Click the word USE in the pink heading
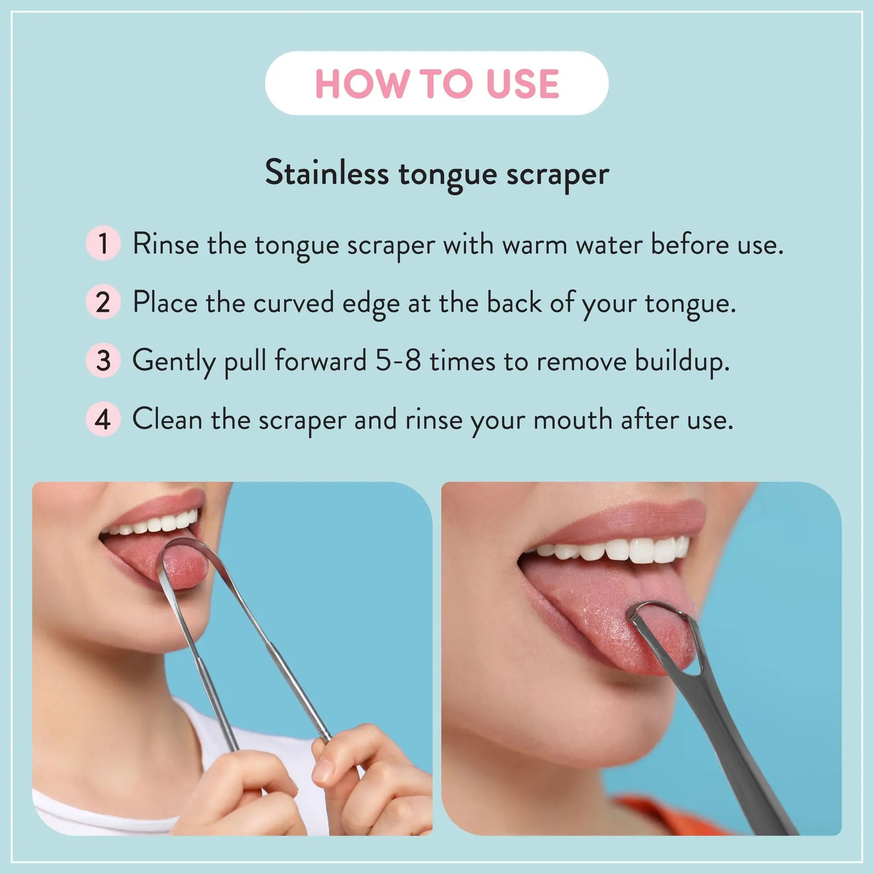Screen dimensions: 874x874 point(523,84)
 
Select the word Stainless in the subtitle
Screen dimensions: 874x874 point(327,173)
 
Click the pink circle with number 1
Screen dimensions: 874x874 point(103,243)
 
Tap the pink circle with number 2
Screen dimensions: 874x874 point(103,302)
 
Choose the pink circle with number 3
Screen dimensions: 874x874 point(103,360)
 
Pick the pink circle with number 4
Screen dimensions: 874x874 point(103,419)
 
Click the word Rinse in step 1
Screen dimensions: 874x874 point(166,244)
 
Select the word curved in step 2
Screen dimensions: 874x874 point(293,302)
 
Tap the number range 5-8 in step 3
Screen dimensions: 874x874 point(398,361)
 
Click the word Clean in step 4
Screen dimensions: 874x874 point(167,419)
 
